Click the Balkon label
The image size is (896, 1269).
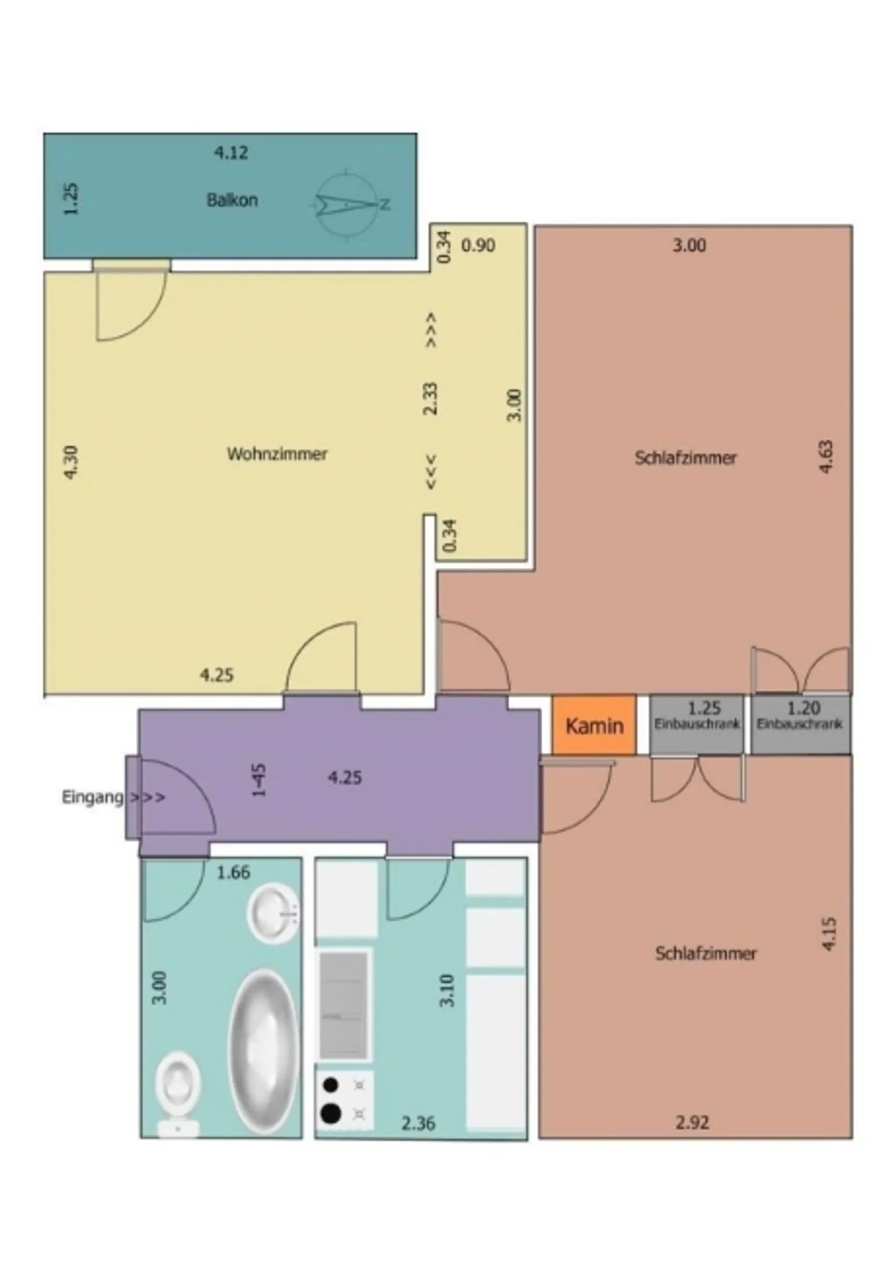(231, 200)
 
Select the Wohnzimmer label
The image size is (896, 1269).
(277, 454)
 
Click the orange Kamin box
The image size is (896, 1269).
(594, 725)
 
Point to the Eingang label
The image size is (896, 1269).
(93, 797)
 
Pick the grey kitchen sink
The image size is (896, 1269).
(343, 1005)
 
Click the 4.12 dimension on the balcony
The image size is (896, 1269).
(231, 152)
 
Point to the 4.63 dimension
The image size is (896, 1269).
(826, 457)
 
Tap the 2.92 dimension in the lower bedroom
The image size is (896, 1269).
(692, 1123)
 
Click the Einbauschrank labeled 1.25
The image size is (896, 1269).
(696, 724)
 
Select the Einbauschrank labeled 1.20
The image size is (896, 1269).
(800, 724)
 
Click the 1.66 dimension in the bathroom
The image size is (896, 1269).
(233, 872)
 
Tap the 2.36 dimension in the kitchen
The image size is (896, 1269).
(418, 1124)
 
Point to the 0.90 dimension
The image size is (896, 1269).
(478, 245)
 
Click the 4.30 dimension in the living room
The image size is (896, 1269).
(71, 462)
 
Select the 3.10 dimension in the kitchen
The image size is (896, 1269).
(447, 990)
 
